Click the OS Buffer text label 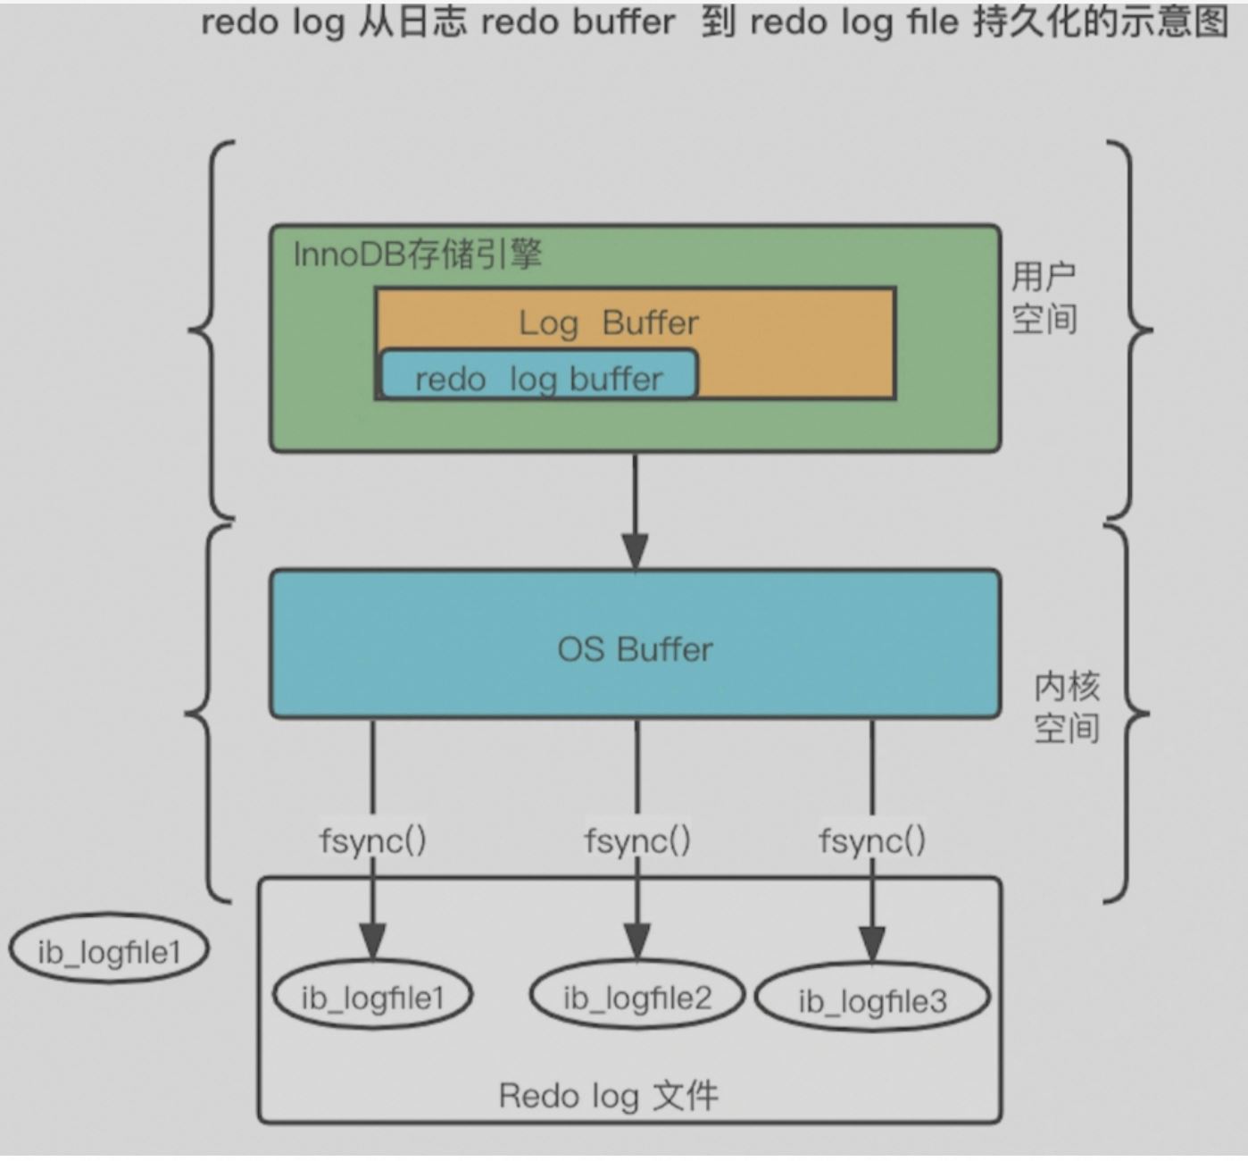pos(635,649)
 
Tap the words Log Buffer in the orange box pos(609,322)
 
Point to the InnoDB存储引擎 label pos(417,255)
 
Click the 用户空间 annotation pos(1044,297)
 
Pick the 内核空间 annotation pos(1067,707)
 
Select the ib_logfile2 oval pos(636,998)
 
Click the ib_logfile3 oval pos(872,1001)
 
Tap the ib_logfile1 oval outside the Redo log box pos(109,952)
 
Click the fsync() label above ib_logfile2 pos(636,840)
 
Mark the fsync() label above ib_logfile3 pos(872,840)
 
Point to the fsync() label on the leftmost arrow pos(372,840)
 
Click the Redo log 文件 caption pos(608,1096)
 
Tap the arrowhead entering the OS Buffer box pos(635,550)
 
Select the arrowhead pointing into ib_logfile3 pos(872,946)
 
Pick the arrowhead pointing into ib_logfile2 pos(636,940)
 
